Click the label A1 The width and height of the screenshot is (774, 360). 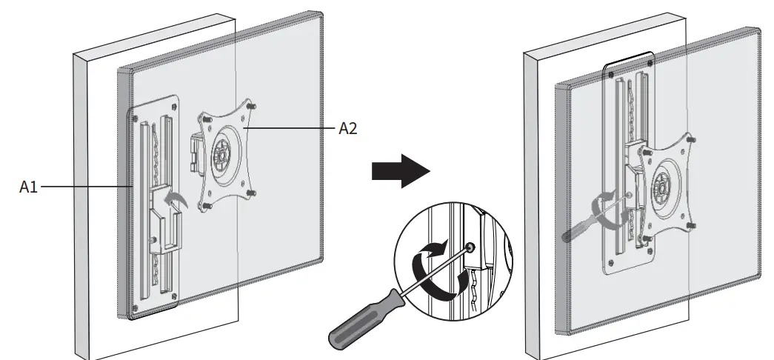coord(28,188)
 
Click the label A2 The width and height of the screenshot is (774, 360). coord(348,128)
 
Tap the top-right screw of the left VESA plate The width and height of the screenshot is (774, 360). coord(254,107)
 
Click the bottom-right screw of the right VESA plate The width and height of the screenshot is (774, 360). coord(690,224)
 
